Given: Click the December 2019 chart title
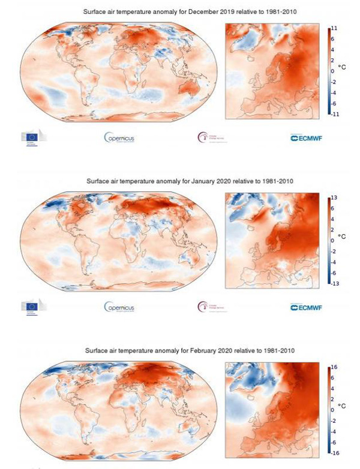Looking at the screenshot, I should [x=180, y=11].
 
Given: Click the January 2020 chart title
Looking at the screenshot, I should [x=180, y=180].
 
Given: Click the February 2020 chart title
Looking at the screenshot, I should [x=180, y=350].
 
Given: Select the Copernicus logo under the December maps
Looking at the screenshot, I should [x=119, y=138].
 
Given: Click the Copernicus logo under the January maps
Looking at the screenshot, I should [x=119, y=307].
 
